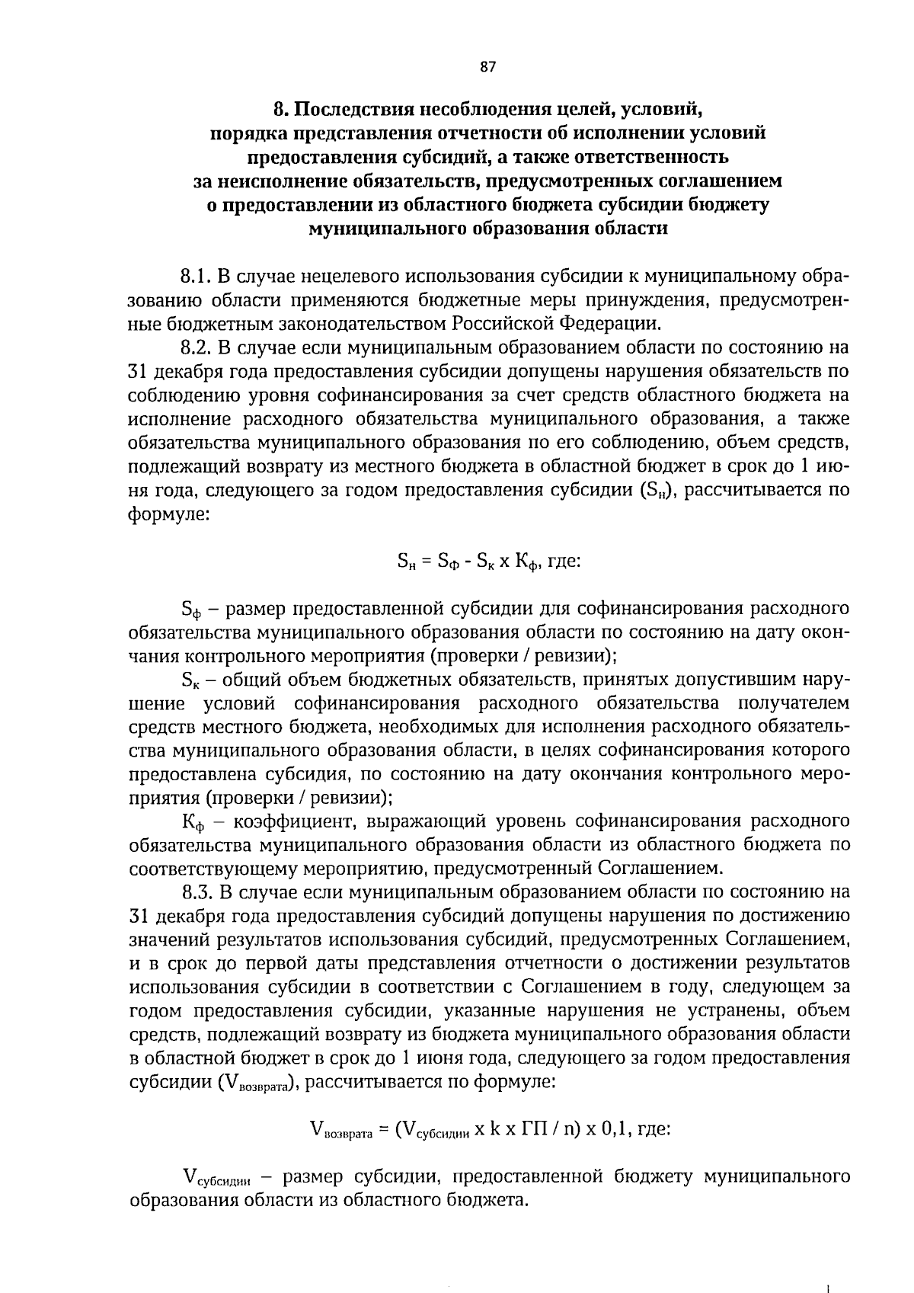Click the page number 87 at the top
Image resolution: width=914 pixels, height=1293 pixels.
pyautogui.click(x=488, y=67)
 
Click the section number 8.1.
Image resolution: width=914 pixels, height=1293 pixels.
pyautogui.click(x=196, y=275)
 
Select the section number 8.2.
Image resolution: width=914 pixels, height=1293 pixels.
pyautogui.click(x=197, y=347)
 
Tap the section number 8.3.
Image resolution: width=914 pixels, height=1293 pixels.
pyautogui.click(x=197, y=891)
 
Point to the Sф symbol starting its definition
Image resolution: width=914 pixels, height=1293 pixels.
pyautogui.click(x=190, y=610)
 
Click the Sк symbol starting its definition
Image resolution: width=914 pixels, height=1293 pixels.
pyautogui.click(x=190, y=680)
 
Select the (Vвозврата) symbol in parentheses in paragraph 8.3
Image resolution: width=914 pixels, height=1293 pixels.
pyautogui.click(x=257, y=1083)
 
